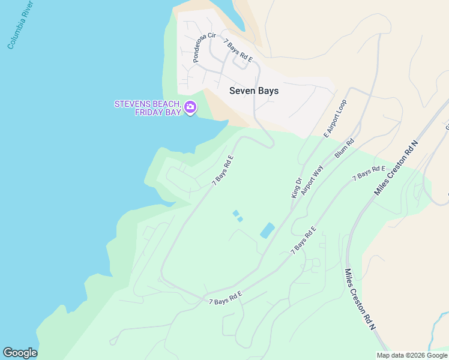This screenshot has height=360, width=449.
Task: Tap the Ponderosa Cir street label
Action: pos(203,48)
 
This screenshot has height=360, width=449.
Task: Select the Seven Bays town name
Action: pos(254,91)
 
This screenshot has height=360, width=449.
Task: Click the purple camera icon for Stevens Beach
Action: pos(190,108)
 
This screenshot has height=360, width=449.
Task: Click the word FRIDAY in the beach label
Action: pos(148,112)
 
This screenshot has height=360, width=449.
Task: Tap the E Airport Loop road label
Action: pos(336,119)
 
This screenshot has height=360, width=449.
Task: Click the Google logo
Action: pos(20,353)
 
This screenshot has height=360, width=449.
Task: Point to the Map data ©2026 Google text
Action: pos(412,355)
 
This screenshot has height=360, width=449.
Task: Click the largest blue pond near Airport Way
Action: pos(267,230)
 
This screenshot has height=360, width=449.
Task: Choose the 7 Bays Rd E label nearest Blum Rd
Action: pos(369,173)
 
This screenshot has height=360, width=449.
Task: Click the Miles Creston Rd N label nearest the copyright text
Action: pos(360,299)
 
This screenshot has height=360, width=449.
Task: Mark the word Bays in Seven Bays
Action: pos(268,91)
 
